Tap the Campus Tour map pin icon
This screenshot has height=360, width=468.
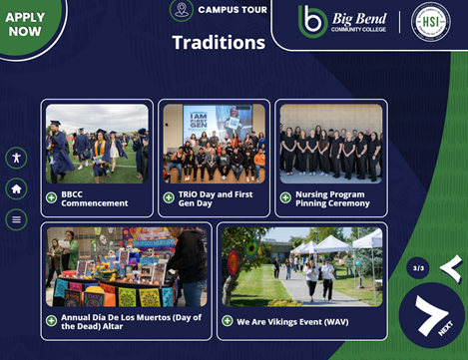182,9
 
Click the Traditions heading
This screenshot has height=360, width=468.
219,43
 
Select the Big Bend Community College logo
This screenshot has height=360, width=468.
342,22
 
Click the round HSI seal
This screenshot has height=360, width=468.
431,22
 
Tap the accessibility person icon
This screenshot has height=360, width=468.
16,158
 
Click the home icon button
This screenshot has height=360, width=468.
16,188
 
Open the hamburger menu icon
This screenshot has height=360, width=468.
16,219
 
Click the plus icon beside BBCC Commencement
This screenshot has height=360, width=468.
51,197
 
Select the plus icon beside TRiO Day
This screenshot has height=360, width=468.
169,197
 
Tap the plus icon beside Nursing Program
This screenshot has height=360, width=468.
285,197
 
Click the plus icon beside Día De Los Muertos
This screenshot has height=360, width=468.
51,321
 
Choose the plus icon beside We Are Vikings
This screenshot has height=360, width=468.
228,321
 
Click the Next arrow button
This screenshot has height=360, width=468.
431,315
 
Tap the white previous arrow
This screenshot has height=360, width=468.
452,268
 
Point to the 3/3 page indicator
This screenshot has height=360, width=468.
418,268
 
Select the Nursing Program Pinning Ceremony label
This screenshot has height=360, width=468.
332,198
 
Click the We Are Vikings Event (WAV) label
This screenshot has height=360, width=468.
292,322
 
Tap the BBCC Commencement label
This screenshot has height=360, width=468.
95,198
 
